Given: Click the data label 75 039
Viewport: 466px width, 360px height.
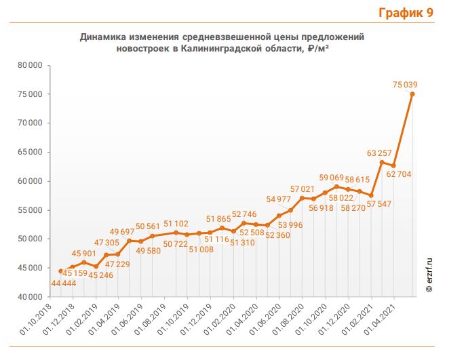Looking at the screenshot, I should (405, 85).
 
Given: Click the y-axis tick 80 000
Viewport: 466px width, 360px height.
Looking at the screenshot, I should (30, 65).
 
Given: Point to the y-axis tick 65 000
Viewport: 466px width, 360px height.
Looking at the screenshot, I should (30, 152).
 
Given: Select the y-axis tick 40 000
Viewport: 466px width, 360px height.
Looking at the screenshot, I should (30, 296).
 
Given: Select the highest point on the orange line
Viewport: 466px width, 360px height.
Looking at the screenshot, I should (412, 94).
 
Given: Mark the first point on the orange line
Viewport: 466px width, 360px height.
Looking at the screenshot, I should (61, 271).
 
